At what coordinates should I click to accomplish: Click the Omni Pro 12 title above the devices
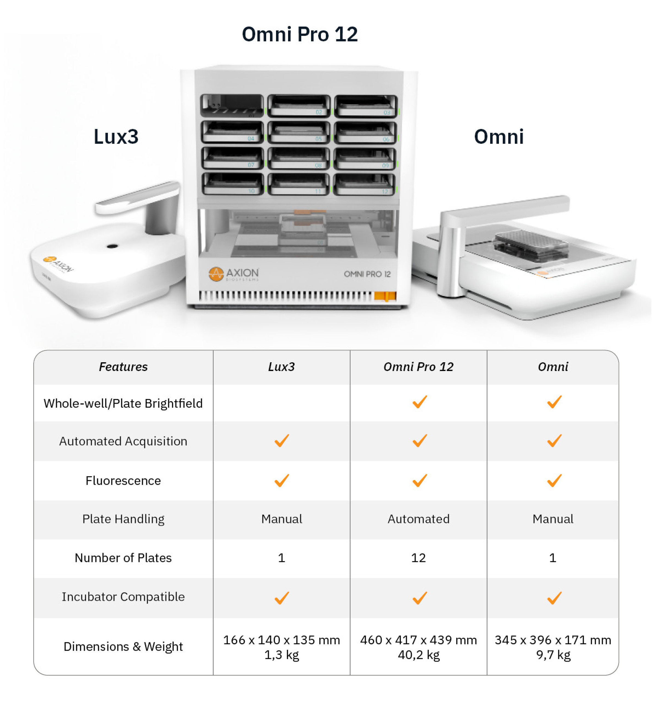[x=300, y=34]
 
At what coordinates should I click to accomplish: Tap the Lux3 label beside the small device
[x=116, y=137]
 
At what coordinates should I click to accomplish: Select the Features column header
[x=123, y=367]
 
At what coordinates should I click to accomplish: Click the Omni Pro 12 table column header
[x=418, y=367]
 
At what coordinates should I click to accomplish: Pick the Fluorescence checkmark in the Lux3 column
[x=282, y=481]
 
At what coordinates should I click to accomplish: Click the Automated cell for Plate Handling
[x=418, y=519]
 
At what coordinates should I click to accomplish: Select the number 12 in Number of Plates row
[x=418, y=558]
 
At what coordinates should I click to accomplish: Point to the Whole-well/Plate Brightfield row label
[x=123, y=403]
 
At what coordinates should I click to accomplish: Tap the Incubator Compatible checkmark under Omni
[x=554, y=598]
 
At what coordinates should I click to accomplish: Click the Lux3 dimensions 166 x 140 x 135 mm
[x=282, y=640]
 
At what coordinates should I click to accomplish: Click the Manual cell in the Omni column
[x=553, y=519]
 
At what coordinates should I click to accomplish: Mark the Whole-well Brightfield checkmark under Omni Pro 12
[x=420, y=402]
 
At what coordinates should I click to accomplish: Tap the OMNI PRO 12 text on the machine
[x=367, y=274]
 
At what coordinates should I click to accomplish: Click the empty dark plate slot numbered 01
[x=232, y=105]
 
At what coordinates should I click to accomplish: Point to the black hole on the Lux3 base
[x=112, y=246]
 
